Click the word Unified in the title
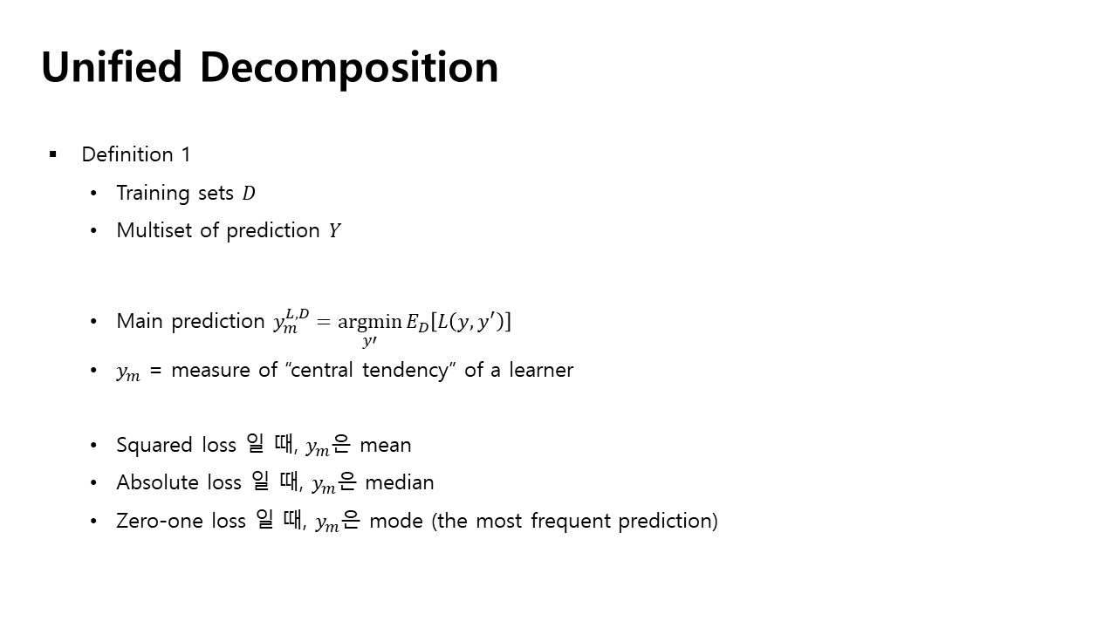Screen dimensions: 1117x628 tap(112, 66)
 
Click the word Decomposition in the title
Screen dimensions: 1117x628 tap(349, 69)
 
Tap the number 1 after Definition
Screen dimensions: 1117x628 tap(186, 154)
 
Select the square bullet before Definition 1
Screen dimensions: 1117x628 tap(53, 154)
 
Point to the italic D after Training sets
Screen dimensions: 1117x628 tap(249, 194)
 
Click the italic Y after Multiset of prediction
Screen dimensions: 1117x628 tap(334, 231)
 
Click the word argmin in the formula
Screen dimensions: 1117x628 tap(369, 323)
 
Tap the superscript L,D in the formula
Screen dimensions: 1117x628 tap(298, 314)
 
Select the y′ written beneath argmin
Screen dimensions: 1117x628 tap(369, 341)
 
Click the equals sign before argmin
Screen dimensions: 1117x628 tap(323, 322)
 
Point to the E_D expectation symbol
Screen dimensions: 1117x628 tap(417, 323)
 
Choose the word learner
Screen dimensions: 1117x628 tap(541, 371)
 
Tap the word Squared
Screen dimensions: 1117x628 tap(154, 445)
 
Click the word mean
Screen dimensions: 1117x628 tap(386, 446)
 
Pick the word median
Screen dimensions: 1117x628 tap(400, 482)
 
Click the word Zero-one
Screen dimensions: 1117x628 tap(160, 521)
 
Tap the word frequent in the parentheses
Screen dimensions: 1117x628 tap(571, 522)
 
